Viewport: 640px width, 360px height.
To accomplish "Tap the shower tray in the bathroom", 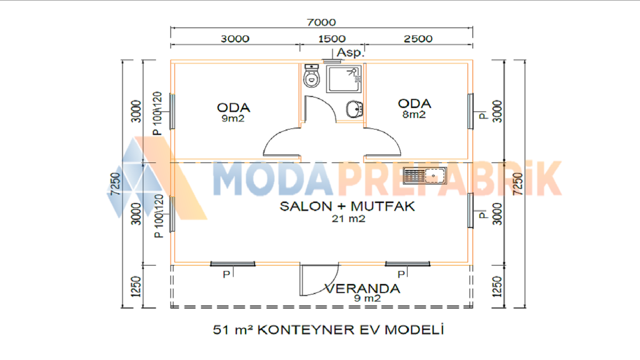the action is (x=344, y=79).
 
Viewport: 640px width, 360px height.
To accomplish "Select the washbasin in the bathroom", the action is (x=354, y=109).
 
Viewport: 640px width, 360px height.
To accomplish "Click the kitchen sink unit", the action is (x=424, y=175).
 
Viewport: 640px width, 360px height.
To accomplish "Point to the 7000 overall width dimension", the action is (x=321, y=22).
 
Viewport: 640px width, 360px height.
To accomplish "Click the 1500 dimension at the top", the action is (x=332, y=39).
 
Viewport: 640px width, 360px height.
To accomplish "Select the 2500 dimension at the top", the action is (x=418, y=39).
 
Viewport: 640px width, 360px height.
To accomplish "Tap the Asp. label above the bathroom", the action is (x=350, y=53).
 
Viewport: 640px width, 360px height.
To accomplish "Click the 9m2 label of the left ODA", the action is (x=233, y=118).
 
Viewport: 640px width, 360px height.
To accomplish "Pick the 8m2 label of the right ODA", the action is (x=414, y=114).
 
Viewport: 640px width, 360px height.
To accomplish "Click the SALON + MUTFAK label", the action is (x=347, y=206).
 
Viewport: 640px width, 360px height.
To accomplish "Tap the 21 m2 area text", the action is (x=348, y=219).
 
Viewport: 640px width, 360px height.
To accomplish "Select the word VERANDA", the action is (x=362, y=288).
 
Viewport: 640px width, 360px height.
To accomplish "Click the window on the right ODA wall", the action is (x=470, y=111).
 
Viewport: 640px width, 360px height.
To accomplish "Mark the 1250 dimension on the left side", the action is (x=135, y=286).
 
